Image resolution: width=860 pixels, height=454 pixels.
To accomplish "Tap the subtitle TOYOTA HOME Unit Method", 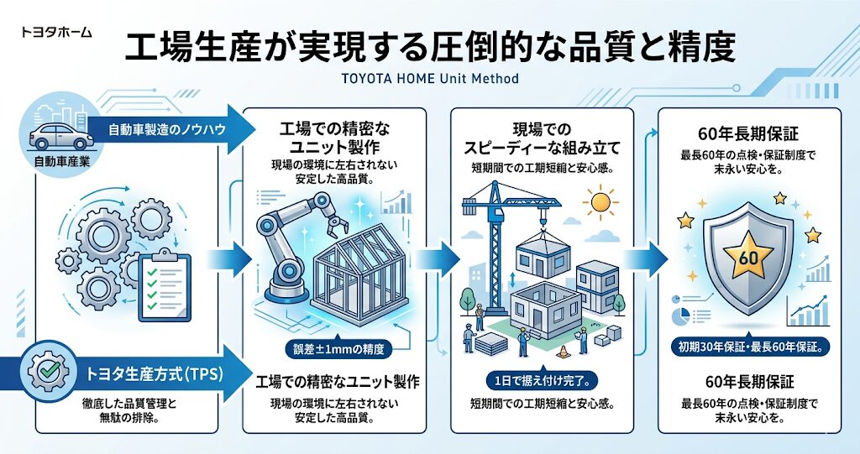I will (x=430, y=79).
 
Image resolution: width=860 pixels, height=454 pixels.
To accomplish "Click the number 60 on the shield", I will (x=747, y=258).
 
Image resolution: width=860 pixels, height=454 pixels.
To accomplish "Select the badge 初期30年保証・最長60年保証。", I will (x=749, y=345).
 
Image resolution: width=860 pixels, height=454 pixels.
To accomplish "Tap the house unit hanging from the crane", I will (x=541, y=243).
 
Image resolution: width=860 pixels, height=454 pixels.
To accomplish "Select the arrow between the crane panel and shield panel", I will (x=648, y=257).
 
